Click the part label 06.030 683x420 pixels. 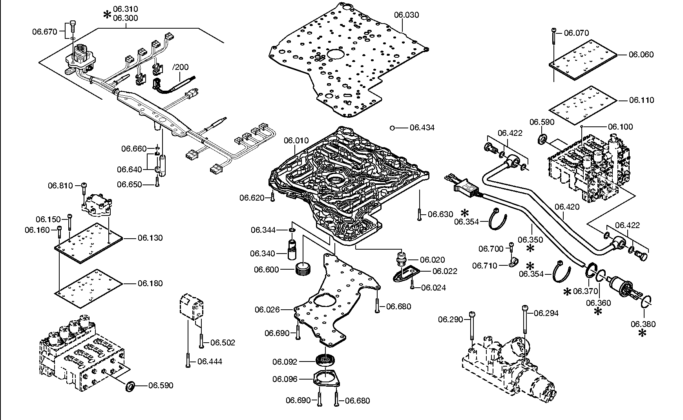(x=407, y=15)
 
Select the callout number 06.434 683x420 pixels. (x=422, y=128)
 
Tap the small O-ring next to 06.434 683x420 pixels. (x=392, y=128)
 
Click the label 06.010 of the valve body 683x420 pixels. (x=296, y=141)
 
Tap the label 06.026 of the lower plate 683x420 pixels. (x=267, y=310)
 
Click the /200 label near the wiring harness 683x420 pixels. (x=180, y=67)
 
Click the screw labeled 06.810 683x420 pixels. (x=84, y=189)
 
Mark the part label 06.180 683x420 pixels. (x=150, y=283)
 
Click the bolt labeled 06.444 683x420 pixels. (x=188, y=360)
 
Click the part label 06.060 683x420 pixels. (x=641, y=55)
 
